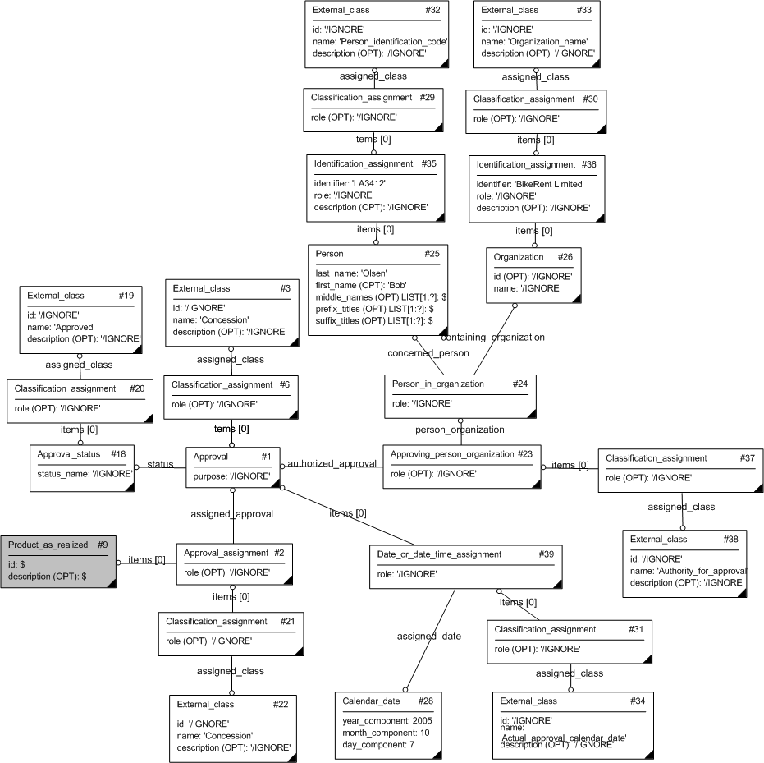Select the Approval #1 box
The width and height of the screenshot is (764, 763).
[233, 467]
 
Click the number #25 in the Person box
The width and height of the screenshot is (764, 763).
[432, 254]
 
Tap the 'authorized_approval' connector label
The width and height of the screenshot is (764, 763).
[332, 464]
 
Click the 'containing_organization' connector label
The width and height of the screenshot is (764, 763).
[492, 337]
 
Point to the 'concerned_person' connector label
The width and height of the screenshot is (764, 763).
[428, 353]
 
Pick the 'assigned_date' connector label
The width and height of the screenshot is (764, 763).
[428, 636]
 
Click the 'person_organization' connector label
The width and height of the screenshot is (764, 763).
[460, 430]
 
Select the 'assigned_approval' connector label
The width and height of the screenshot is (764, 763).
[231, 514]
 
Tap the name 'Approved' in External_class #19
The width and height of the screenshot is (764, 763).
[74, 327]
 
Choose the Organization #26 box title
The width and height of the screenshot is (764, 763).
[519, 257]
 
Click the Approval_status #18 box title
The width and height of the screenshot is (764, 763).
[69, 454]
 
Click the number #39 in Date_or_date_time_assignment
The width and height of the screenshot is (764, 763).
[547, 554]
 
